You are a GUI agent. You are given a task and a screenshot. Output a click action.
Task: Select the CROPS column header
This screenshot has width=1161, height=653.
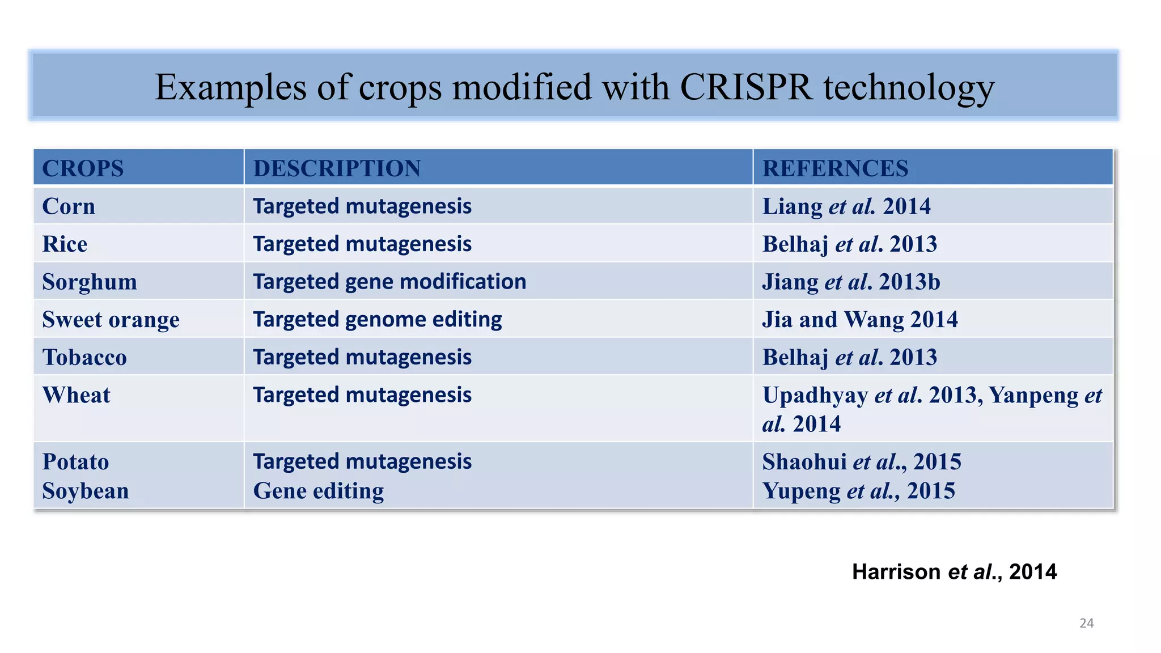coord(83,168)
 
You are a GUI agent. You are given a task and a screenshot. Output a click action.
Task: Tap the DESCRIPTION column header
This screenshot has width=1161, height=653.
coord(337,168)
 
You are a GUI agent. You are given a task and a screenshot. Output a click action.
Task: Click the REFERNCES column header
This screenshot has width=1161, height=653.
coord(835,168)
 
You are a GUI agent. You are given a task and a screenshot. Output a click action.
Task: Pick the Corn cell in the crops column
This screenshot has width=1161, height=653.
coord(69,206)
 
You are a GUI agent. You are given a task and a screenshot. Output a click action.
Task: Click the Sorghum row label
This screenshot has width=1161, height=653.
coord(90,282)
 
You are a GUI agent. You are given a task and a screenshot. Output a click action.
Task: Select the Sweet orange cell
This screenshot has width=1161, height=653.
coord(111,320)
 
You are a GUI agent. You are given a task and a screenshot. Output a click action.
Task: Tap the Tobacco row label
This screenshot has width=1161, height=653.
coord(84,358)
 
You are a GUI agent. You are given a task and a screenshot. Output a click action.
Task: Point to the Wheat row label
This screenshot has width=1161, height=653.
coord(77,395)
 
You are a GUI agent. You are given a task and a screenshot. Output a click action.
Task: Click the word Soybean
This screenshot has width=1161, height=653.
coord(86,491)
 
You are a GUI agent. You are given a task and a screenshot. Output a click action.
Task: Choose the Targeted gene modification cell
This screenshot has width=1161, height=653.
coord(389,282)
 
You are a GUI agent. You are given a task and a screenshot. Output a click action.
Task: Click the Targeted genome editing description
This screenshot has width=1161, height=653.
coord(377,320)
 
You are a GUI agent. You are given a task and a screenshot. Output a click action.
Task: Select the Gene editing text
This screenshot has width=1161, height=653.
coord(318,491)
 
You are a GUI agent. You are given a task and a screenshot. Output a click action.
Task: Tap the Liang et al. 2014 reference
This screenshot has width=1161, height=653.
coord(846,206)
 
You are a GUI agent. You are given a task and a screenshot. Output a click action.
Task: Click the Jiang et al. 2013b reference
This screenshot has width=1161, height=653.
coord(851,282)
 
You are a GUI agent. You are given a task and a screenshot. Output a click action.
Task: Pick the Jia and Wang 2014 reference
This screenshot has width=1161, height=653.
coord(859,320)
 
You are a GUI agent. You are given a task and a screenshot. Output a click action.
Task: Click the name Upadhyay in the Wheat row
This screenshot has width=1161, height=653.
coord(815,395)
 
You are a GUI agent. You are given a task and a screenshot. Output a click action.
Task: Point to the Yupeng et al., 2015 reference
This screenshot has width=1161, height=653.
coord(858,491)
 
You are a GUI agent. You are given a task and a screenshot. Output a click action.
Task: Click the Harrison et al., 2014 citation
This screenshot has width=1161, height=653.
coord(954,572)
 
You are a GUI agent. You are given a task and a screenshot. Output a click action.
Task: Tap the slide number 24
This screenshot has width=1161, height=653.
coord(1086,624)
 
